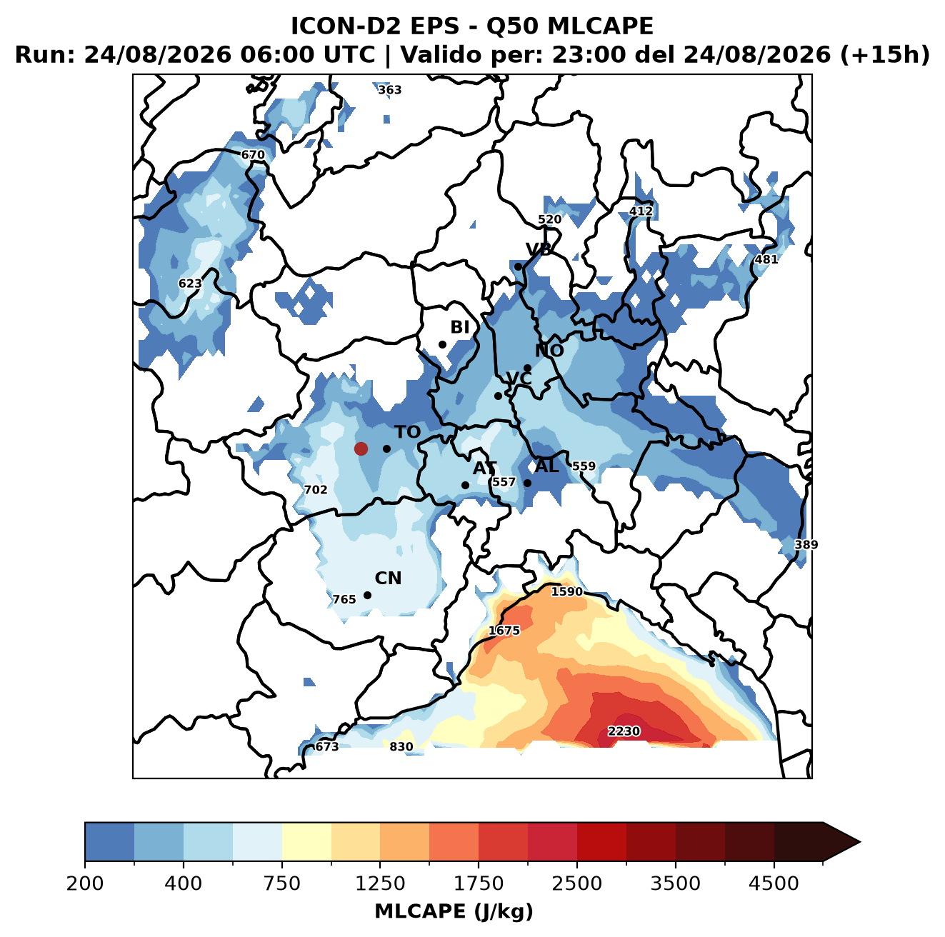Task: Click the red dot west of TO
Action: pos(361,449)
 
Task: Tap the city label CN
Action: pos(388,578)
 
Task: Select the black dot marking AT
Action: pos(466,486)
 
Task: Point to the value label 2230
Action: pos(624,731)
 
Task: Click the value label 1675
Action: pos(504,631)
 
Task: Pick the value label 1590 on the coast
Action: pos(567,591)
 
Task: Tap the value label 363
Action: pos(390,90)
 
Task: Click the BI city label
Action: pos(460,327)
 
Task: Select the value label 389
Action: pos(806,545)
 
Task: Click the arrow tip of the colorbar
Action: pos(861,843)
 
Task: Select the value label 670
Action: pos(253,155)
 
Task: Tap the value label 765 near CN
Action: pos(344,600)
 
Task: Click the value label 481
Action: pos(766,259)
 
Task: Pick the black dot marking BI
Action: pos(442,345)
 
